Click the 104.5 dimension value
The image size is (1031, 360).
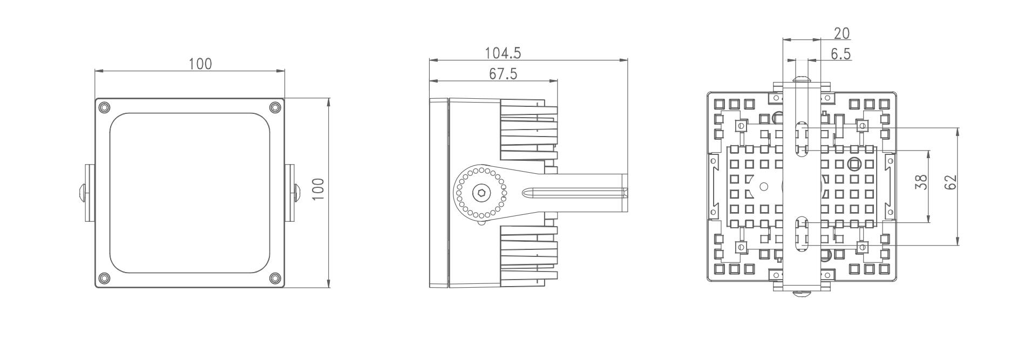pyautogui.click(x=503, y=53)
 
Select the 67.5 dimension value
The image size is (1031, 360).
pyautogui.click(x=503, y=73)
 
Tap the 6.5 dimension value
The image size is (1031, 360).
pyautogui.click(x=841, y=53)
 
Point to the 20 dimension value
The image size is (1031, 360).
pyautogui.click(x=842, y=33)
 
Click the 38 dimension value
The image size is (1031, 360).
pyautogui.click(x=922, y=181)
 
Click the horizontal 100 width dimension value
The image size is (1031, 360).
pyautogui.click(x=200, y=64)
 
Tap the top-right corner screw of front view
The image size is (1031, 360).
pyautogui.click(x=275, y=107)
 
